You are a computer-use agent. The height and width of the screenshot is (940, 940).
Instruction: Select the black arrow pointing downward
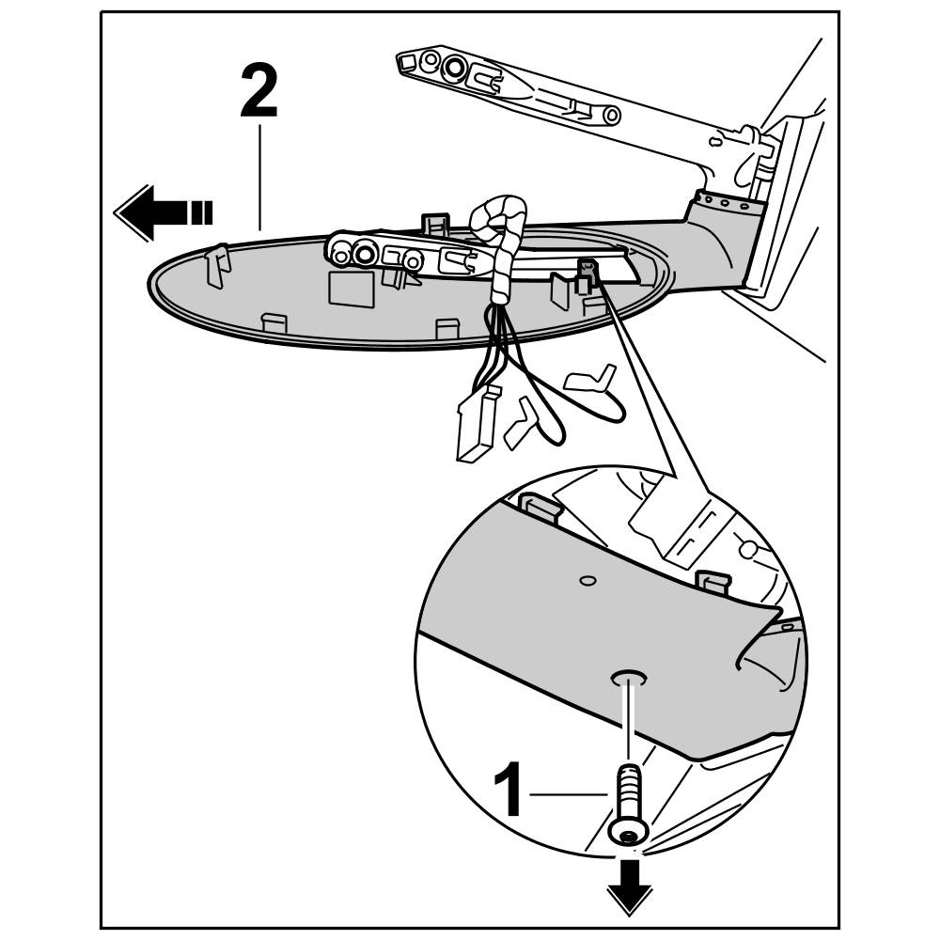click(x=630, y=886)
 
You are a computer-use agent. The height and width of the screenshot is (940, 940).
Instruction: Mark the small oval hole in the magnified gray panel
click(x=587, y=580)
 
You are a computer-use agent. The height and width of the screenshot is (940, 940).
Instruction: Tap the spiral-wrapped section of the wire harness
click(x=498, y=235)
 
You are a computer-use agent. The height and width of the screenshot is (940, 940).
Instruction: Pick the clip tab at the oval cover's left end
click(x=217, y=265)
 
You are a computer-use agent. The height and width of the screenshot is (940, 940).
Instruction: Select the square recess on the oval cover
click(x=350, y=288)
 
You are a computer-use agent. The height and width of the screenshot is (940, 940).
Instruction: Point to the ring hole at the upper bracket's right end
click(x=611, y=115)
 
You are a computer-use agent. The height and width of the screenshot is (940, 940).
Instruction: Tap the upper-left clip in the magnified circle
click(x=542, y=507)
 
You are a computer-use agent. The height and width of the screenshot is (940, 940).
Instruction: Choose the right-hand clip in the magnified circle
click(x=713, y=582)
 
